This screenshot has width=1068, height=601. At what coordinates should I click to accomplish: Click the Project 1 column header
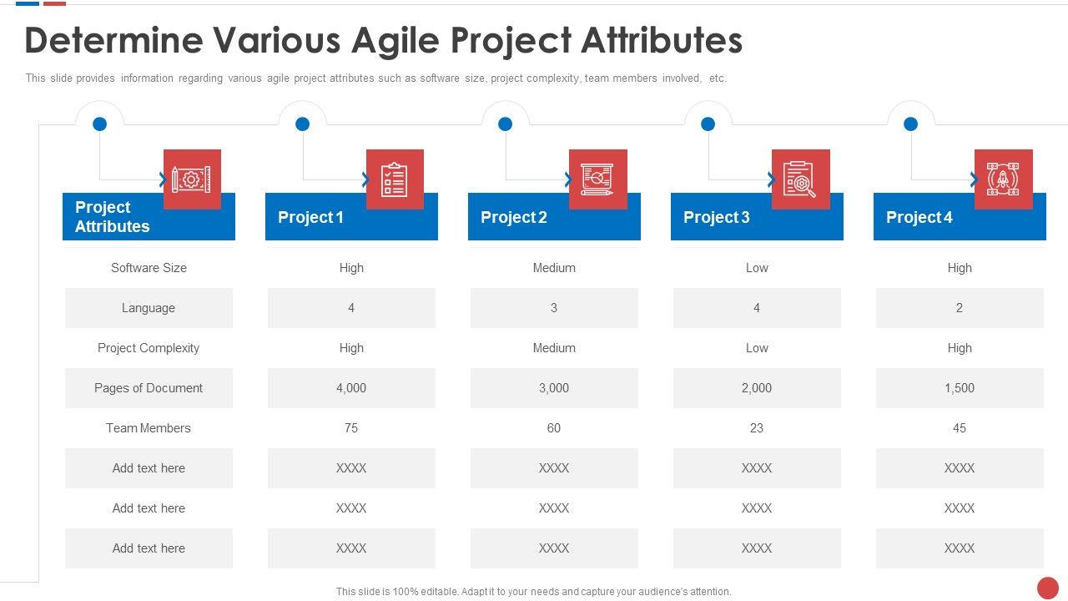[x=310, y=218]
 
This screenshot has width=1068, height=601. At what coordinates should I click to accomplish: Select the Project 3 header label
[x=716, y=218]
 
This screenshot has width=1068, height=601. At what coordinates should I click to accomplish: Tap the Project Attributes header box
[x=113, y=217]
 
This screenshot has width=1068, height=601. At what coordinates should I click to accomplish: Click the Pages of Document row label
[x=149, y=388]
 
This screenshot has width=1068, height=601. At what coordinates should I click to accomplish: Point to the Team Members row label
[x=149, y=428]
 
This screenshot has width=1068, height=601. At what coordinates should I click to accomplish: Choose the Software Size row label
[x=149, y=268]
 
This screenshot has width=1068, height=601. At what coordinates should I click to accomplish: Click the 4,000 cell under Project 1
[x=351, y=388]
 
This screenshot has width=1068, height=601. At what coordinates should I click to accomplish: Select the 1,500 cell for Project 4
[x=960, y=388]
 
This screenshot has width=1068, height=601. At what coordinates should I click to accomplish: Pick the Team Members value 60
[x=554, y=428]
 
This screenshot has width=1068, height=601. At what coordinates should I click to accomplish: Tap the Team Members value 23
[x=757, y=428]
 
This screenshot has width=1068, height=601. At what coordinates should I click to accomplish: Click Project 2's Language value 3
[x=554, y=308]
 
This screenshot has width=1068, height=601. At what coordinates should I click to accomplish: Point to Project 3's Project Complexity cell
[x=757, y=348]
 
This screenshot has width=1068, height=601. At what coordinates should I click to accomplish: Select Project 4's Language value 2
[x=960, y=308]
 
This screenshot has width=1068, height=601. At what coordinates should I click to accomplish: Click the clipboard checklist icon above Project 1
[x=395, y=179]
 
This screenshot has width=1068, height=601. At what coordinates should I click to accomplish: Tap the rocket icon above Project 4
[x=1003, y=179]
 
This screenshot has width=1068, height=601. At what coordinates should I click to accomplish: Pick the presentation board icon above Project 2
[x=597, y=179]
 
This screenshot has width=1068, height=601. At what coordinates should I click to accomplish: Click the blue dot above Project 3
[x=708, y=124]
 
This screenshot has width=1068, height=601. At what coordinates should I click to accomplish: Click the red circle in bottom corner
[x=1047, y=588]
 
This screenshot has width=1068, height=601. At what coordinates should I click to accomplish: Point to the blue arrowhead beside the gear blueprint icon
[x=163, y=179]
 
